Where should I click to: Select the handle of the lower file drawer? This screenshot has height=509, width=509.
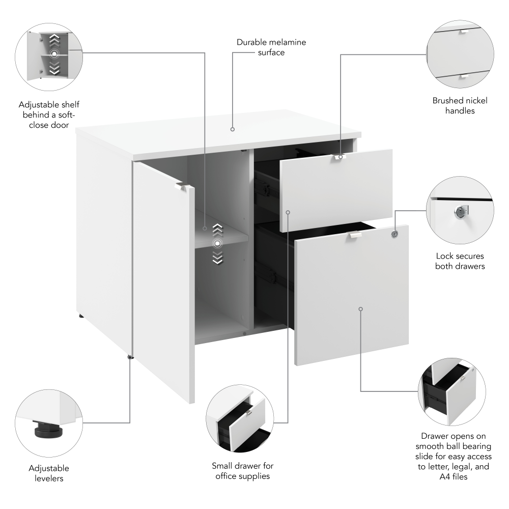point(355,235)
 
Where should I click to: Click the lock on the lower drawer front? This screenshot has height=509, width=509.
point(394,234)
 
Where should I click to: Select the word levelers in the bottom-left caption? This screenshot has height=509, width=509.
point(49,478)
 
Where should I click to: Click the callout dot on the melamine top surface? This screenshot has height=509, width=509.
point(233,129)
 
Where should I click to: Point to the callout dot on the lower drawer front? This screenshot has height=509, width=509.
point(360,308)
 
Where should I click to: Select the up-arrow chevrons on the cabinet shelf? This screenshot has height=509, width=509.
point(217,228)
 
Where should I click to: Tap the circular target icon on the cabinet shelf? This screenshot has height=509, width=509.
point(217,243)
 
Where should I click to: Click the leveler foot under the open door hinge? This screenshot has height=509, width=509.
point(131,357)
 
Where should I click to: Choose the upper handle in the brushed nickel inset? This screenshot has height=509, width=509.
point(463,32)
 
